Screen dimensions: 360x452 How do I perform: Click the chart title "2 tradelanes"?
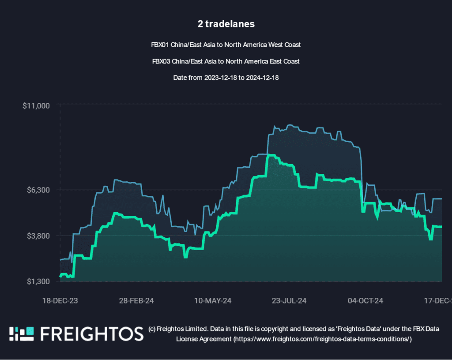(226, 24)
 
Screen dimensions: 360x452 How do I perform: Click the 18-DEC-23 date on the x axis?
(60, 301)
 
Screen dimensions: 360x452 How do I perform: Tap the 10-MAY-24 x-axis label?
(213, 301)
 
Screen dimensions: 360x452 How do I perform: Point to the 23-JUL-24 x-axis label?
(289, 301)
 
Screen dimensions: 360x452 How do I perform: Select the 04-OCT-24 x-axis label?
(365, 301)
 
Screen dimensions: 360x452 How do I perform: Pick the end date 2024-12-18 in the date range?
(262, 78)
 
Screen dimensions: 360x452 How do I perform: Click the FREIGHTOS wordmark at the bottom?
(92, 334)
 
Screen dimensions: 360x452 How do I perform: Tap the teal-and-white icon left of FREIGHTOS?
(22, 334)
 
